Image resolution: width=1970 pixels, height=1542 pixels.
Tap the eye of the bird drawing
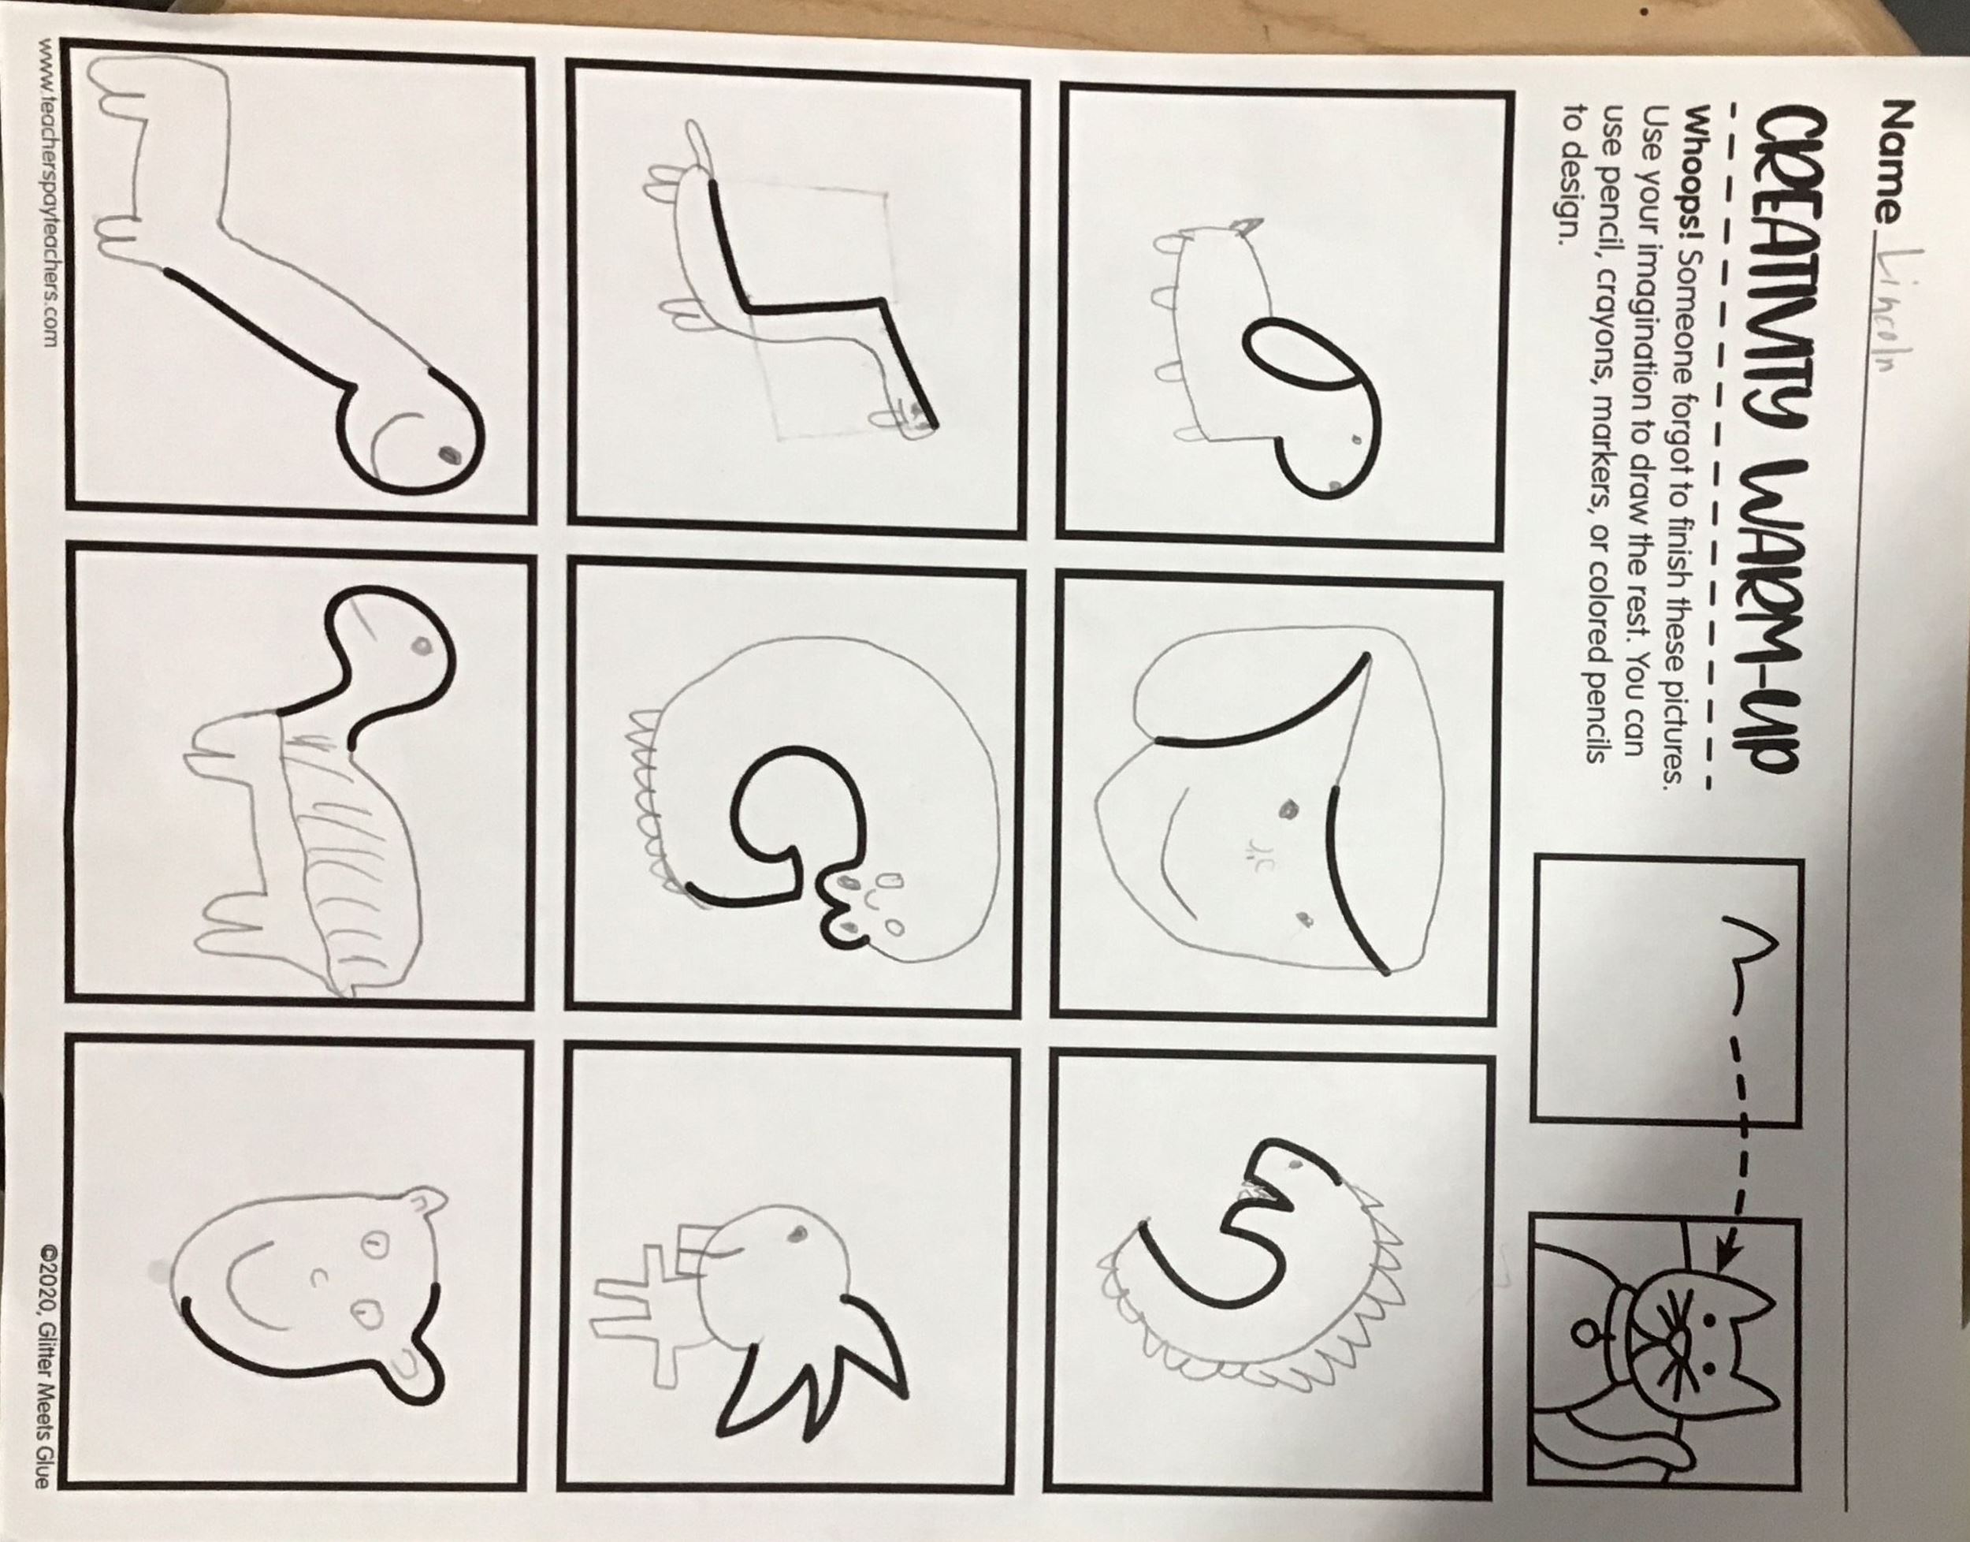(x=797, y=1232)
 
